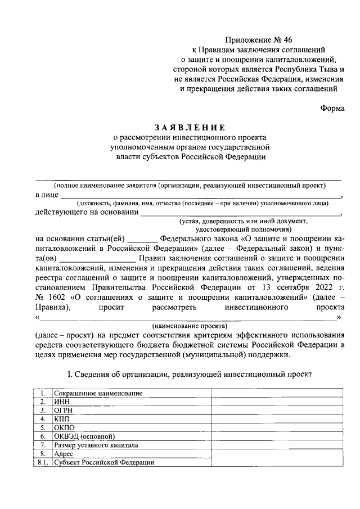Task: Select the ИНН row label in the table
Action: coord(61,402)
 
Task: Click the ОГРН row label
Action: coord(64,411)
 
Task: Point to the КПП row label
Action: coord(62,419)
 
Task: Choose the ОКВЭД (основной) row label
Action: coord(84,436)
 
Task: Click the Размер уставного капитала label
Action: coord(96,445)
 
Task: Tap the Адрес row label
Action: coord(64,453)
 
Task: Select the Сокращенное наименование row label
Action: coord(98,394)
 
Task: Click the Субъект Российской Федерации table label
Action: coord(103,462)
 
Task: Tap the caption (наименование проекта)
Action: coord(190,326)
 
